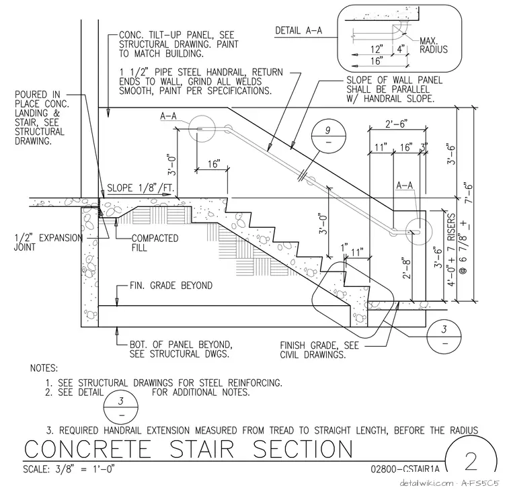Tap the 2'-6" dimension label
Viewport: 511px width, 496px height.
click(396, 124)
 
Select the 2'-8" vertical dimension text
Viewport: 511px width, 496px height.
click(407, 267)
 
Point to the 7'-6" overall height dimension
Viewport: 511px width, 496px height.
click(469, 193)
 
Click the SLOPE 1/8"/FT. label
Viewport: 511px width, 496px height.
click(141, 188)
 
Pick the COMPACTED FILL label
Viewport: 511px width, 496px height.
click(155, 243)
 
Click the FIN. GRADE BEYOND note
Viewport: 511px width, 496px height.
click(171, 286)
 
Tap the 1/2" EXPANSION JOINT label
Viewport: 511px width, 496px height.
click(48, 243)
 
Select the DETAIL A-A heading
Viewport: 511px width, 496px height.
click(299, 31)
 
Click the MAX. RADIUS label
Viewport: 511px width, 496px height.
click(434, 45)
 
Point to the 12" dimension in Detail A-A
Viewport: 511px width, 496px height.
click(377, 49)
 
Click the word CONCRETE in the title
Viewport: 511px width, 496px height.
click(87, 449)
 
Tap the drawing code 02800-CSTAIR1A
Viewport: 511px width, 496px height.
click(405, 468)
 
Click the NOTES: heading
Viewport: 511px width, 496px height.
click(44, 368)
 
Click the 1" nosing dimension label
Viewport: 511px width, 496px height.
click(344, 247)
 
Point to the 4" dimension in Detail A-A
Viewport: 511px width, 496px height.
click(401, 49)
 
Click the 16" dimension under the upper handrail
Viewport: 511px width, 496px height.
click(214, 163)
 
